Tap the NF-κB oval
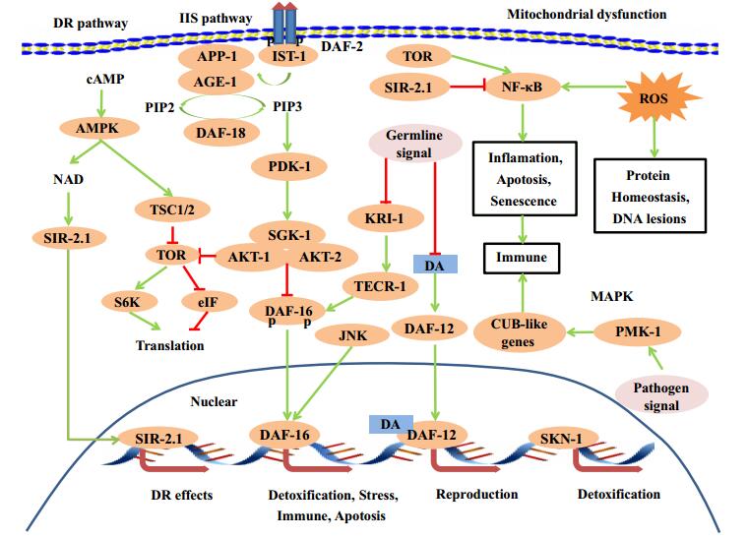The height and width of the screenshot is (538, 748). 524,87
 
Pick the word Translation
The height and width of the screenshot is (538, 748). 171,345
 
